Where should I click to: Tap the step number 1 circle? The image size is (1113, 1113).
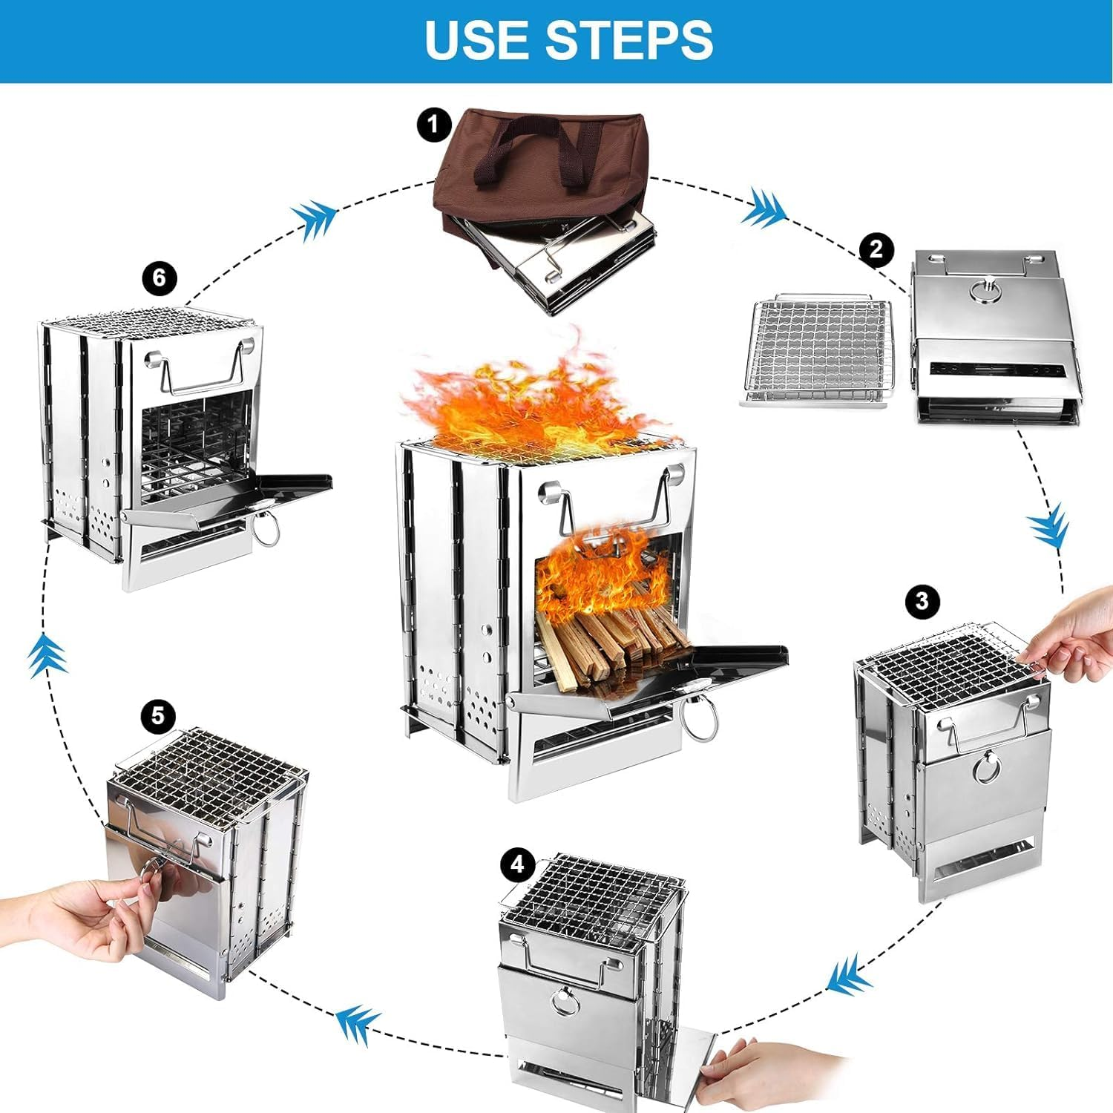point(433,125)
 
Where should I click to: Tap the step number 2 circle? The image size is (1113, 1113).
point(876,249)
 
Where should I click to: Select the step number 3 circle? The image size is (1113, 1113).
point(922,600)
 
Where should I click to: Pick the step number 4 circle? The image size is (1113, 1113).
point(517,865)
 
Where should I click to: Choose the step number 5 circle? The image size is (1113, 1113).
point(158,716)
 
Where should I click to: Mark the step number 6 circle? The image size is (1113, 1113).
point(160,278)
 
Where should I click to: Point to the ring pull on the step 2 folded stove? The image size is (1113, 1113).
point(987,291)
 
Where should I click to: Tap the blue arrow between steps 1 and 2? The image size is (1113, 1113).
point(764,208)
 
